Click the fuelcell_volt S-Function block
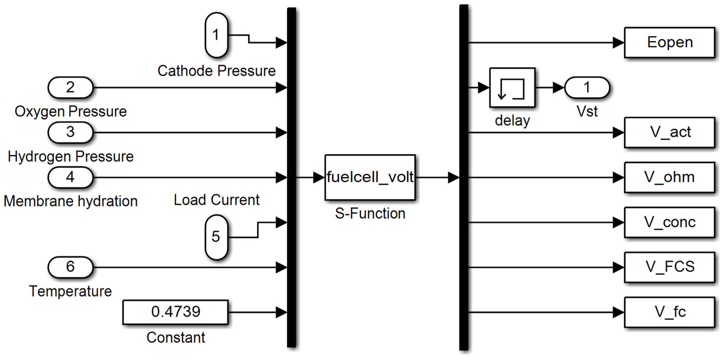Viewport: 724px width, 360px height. pos(370,177)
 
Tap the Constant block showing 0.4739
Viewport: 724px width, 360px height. pos(175,312)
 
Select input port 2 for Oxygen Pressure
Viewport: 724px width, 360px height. pos(70,87)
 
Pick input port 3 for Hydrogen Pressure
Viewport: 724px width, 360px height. pos(70,132)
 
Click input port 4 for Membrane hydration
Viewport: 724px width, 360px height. pos(70,177)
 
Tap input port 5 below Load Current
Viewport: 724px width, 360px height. pos(216,237)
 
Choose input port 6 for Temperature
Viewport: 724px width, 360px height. pos(70,267)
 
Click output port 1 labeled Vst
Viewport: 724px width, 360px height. pos(587,87)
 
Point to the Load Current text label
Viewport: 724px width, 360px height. pos(217,200)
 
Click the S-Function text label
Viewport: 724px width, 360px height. pos(370,214)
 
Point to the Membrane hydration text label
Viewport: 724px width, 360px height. pos(71,201)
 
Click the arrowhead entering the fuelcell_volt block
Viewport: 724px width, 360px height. pos(319,177)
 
